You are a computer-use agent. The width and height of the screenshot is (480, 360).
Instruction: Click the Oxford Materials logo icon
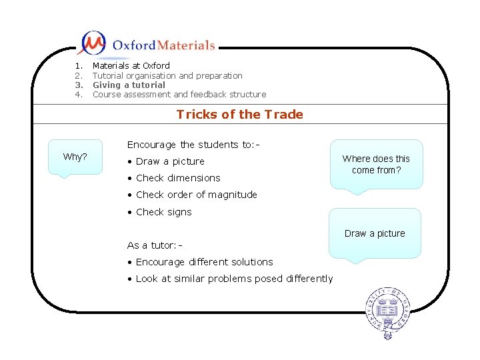pyautogui.click(x=92, y=44)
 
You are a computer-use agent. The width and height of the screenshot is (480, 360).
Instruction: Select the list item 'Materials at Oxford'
pyautogui.click(x=131, y=65)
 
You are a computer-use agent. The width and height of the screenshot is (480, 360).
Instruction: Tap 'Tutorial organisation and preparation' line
pyautogui.click(x=167, y=75)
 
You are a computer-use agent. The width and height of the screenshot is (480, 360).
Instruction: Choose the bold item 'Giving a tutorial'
pyautogui.click(x=129, y=85)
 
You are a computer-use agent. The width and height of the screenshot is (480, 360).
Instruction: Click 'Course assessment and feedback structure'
pyautogui.click(x=179, y=94)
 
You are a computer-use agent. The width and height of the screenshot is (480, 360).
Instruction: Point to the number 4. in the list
pyautogui.click(x=79, y=94)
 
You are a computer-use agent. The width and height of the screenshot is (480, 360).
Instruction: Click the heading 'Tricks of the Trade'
pyautogui.click(x=239, y=114)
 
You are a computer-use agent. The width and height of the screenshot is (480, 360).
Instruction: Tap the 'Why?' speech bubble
pyautogui.click(x=75, y=157)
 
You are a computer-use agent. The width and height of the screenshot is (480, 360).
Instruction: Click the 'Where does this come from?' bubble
pyautogui.click(x=376, y=165)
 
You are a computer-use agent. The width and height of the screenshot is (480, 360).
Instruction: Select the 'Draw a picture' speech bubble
pyautogui.click(x=375, y=233)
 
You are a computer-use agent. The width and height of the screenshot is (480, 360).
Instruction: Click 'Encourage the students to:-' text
pyautogui.click(x=183, y=145)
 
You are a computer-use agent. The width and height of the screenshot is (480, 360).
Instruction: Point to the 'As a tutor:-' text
pyautogui.click(x=155, y=245)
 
